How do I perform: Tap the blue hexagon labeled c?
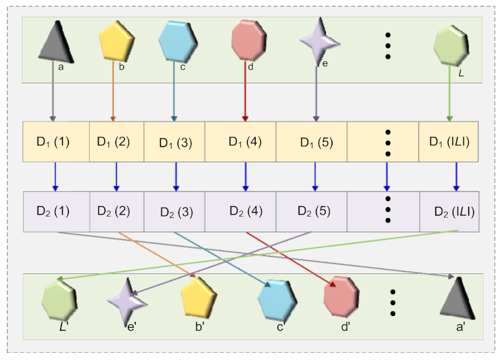178,41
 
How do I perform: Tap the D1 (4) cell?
245,142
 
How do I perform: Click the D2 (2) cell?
116,211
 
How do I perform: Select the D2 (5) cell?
314,211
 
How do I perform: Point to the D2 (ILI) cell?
449,211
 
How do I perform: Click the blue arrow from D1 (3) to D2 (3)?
176,176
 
